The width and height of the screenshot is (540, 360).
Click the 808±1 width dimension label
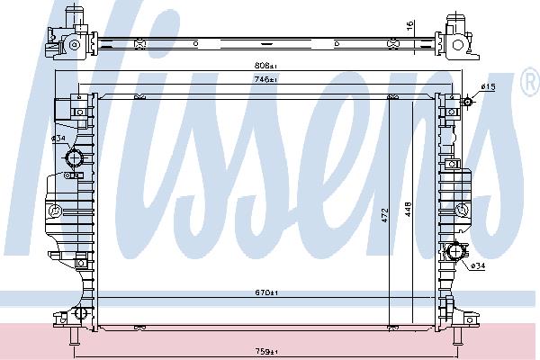pos(265,65)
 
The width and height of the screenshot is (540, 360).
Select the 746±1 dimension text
pos(265,79)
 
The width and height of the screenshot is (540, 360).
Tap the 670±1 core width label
pos(266,292)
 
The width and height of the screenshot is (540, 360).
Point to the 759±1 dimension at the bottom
pos(266,351)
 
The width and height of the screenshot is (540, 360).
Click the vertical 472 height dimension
pos(385,215)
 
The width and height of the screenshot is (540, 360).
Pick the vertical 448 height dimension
pos(408,210)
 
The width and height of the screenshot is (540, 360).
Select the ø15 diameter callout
pos(488,87)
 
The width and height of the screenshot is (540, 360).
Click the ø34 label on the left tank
pos(58,139)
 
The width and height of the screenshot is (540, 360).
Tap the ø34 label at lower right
pos(478,266)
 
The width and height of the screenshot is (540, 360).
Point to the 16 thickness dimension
pos(409,26)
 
